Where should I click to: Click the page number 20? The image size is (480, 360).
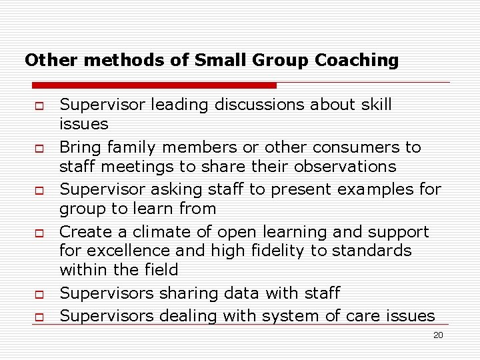[438, 335]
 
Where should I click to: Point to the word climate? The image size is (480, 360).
[151, 232]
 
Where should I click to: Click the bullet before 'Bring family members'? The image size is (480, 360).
[38, 148]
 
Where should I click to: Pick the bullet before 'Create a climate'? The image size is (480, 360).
[38, 233]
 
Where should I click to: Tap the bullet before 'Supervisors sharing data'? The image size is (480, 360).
[38, 295]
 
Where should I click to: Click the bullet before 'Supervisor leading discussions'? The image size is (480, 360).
[38, 105]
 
